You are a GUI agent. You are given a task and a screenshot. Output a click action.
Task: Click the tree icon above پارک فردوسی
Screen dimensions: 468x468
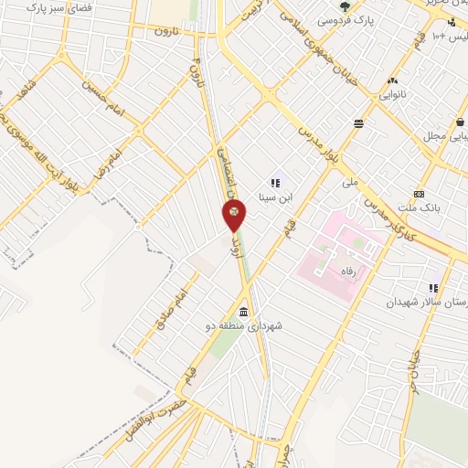pyautogui.click(x=345, y=5)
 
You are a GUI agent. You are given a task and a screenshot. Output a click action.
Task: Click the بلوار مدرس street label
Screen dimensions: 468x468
pyautogui.click(x=320, y=139)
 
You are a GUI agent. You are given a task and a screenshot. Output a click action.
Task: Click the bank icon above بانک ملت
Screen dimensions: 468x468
pyautogui.click(x=419, y=194)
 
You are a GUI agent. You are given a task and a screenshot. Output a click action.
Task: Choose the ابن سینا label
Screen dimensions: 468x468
pyautogui.click(x=276, y=197)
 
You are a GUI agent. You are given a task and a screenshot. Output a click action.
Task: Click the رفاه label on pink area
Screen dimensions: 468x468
pyautogui.click(x=356, y=271)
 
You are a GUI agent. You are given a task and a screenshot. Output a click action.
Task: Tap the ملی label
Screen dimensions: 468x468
pyautogui.click(x=350, y=182)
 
